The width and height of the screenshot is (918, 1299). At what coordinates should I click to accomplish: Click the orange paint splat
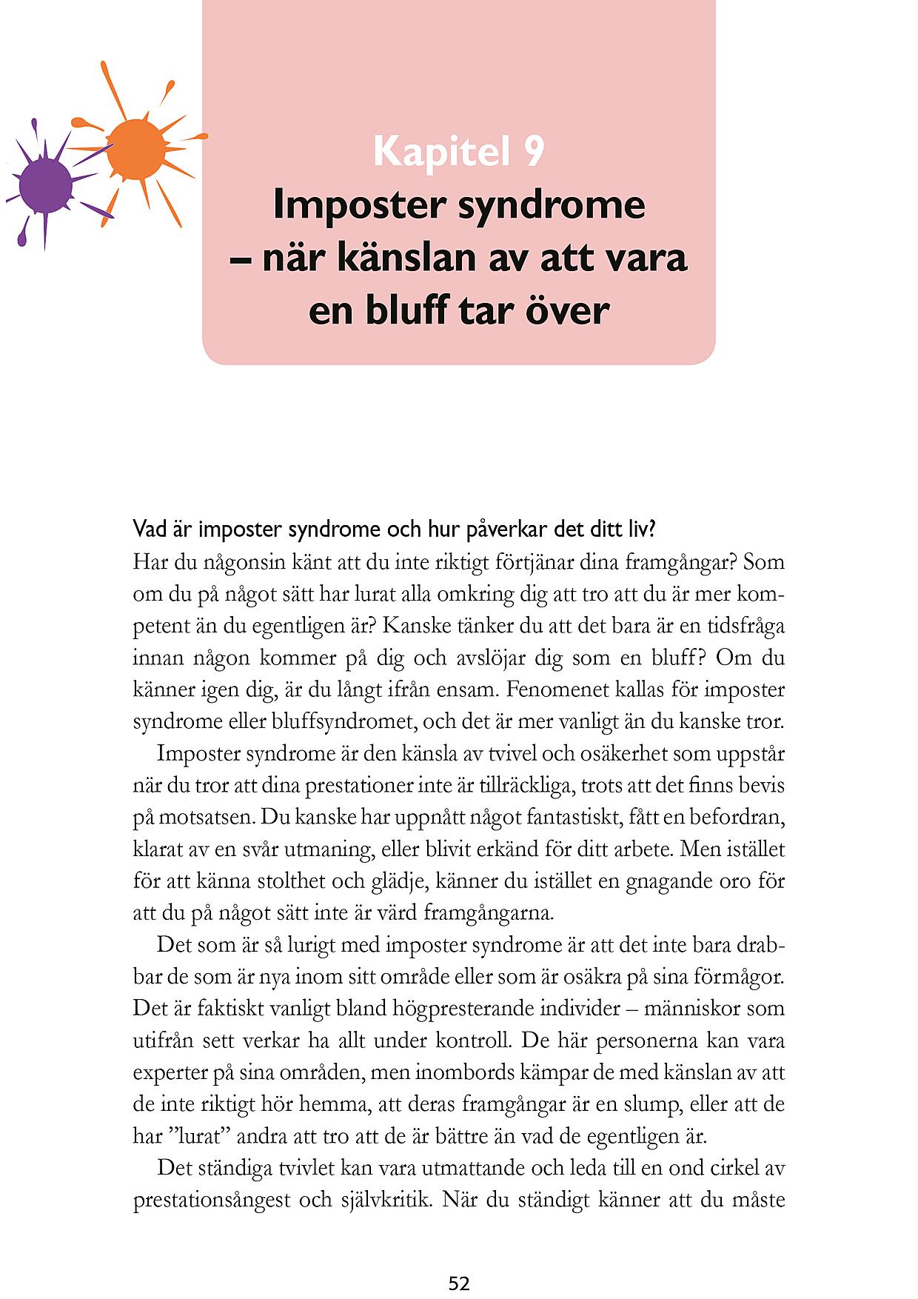pos(135,150)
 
